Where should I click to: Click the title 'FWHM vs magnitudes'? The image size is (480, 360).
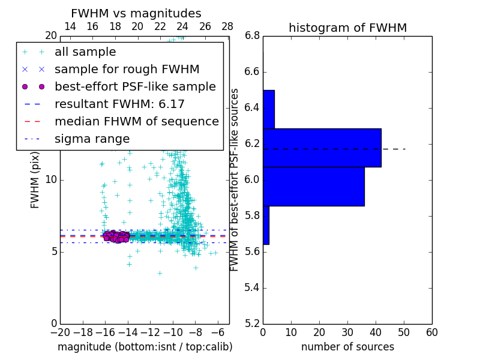136,13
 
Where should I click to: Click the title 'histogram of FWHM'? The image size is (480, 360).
347,28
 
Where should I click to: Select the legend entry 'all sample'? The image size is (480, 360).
85,52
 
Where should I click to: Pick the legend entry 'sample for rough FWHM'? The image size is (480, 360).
127,69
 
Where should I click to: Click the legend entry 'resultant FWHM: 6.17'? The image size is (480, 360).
119,104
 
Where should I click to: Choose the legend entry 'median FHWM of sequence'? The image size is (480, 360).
136,121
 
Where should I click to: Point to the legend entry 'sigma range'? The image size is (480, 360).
92,139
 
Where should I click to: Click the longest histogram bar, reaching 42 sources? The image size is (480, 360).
322,148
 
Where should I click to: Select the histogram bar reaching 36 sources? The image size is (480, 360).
313,186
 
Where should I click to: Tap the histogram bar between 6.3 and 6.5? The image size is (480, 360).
268,109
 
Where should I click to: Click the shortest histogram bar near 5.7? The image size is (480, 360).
266,225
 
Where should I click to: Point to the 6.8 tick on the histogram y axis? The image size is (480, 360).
252,36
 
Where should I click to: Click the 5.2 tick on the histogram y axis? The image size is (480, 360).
252,323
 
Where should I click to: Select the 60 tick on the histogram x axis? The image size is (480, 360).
431,332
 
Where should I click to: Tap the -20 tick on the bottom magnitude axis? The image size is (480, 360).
60,332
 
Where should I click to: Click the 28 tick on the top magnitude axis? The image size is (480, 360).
227,26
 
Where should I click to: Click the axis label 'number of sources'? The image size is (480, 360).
347,347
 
